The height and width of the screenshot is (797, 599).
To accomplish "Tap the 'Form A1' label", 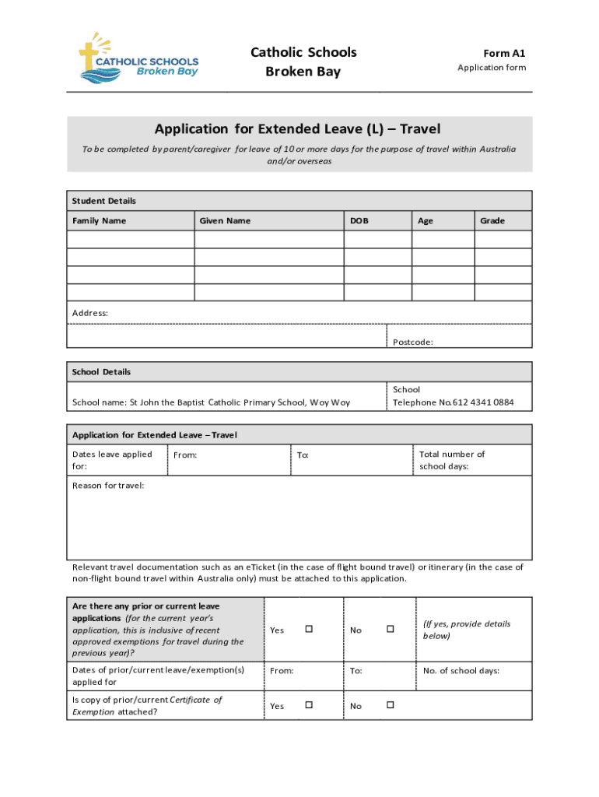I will click(x=504, y=53).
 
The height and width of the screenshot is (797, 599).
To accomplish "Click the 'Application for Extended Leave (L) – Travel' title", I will click(x=297, y=128).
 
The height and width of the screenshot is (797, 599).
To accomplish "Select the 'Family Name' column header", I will click(x=99, y=221).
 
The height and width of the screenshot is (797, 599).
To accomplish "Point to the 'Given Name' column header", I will click(x=225, y=221).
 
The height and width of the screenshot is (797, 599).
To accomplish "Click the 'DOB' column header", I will click(x=359, y=221).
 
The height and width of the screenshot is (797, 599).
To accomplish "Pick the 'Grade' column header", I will click(x=492, y=221).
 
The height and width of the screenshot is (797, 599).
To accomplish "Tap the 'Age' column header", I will click(x=426, y=221).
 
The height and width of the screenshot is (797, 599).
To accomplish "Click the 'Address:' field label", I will click(x=90, y=313).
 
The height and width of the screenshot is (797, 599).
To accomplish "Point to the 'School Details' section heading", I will click(x=102, y=372).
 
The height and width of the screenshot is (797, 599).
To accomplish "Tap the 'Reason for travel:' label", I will click(x=108, y=486).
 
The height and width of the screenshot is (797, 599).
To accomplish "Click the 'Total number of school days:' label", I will click(x=452, y=460).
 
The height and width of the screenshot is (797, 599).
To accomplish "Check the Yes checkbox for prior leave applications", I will click(x=308, y=629).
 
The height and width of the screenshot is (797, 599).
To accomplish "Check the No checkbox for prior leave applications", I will click(x=391, y=629).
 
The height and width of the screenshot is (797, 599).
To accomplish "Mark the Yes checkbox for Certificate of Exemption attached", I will click(x=308, y=705).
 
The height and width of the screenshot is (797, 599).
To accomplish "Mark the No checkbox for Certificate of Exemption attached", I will click(x=391, y=705).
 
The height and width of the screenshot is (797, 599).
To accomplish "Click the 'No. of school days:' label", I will click(x=461, y=670).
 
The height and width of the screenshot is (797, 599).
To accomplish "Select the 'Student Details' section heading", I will click(x=104, y=201).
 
